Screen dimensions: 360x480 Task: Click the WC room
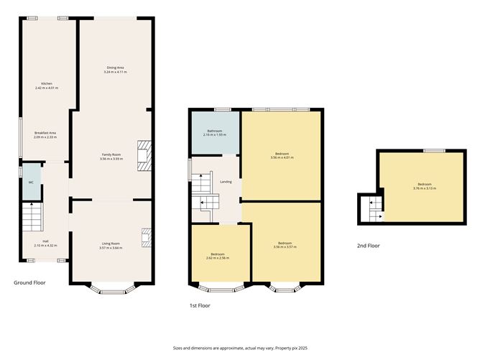pos(31,183)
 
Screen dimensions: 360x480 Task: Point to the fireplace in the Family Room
pos(144,154)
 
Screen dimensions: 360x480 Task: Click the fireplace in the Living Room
pos(146,238)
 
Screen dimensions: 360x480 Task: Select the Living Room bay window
pos(111,290)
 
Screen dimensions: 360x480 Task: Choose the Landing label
pos(224,181)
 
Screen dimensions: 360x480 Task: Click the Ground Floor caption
pos(29,282)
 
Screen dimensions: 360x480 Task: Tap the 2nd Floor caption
pos(368,246)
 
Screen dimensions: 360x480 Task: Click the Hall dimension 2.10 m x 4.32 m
pos(45,244)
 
